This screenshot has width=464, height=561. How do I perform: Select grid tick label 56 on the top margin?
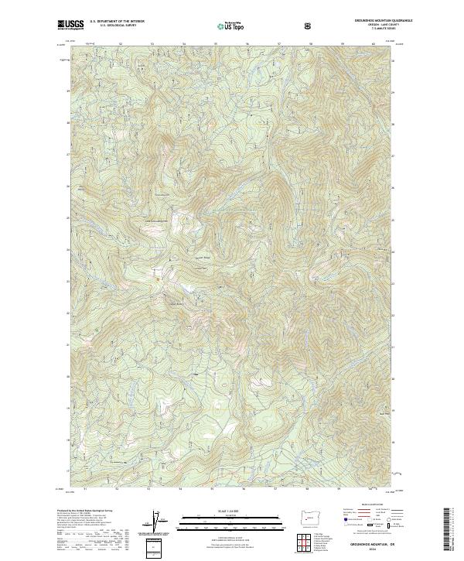point(247,43)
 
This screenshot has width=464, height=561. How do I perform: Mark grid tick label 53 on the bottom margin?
point(148,489)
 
